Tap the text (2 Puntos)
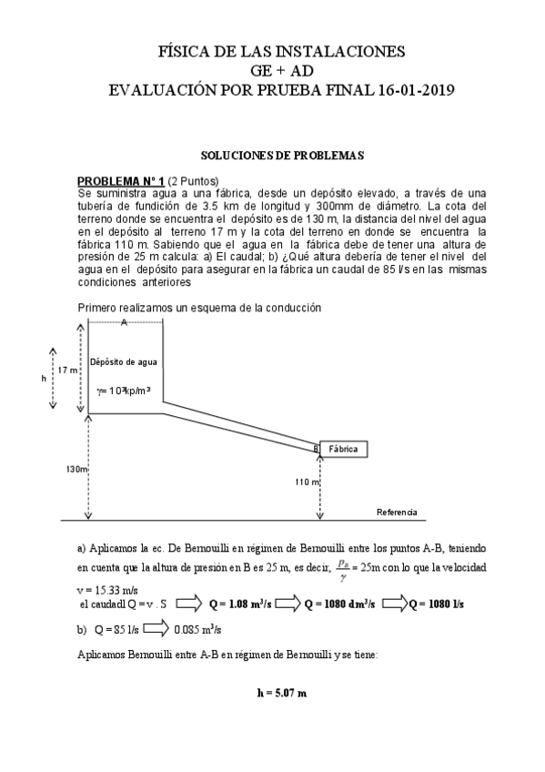pos(193,181)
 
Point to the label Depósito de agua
pos(124,361)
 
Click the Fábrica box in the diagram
pos(343,449)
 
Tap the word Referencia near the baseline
pos(397,513)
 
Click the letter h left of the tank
pos(43,378)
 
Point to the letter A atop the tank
pos(123,323)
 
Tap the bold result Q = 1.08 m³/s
pos(240,603)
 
